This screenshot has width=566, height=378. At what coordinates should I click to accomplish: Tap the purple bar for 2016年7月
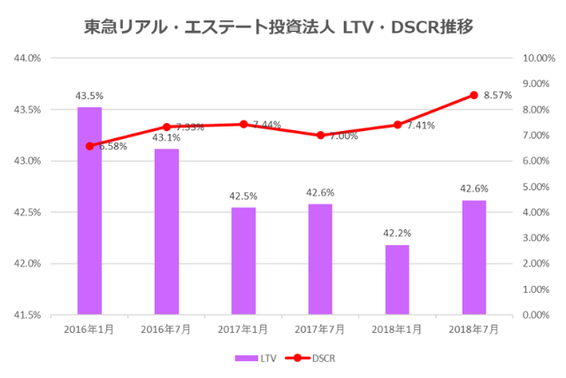pyautogui.click(x=166, y=231)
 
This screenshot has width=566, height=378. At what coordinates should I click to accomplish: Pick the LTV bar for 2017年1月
pyautogui.click(x=243, y=261)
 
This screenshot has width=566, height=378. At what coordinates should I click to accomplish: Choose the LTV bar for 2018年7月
pyautogui.click(x=474, y=257)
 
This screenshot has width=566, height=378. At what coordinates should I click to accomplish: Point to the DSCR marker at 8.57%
pyautogui.click(x=474, y=95)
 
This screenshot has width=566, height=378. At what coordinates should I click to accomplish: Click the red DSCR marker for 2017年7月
pyautogui.click(x=320, y=135)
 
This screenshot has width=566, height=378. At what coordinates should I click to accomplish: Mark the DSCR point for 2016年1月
pyautogui.click(x=89, y=146)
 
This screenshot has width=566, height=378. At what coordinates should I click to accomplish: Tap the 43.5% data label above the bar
pyautogui.click(x=89, y=95)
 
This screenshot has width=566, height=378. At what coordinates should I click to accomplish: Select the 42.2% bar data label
pyautogui.click(x=397, y=233)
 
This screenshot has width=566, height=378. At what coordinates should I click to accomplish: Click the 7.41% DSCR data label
pyautogui.click(x=421, y=126)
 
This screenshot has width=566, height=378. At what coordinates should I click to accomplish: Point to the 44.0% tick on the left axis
pyautogui.click(x=28, y=58)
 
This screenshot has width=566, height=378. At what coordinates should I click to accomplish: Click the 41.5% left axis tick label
pyautogui.click(x=28, y=315)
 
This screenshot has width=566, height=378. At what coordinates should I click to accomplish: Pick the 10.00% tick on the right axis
pyautogui.click(x=539, y=58)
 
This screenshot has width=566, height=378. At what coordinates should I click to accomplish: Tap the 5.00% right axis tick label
pyautogui.click(x=537, y=187)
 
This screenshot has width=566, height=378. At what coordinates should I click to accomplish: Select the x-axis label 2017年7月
pyautogui.click(x=320, y=328)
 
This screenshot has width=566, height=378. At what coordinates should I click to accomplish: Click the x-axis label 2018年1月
pyautogui.click(x=397, y=328)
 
